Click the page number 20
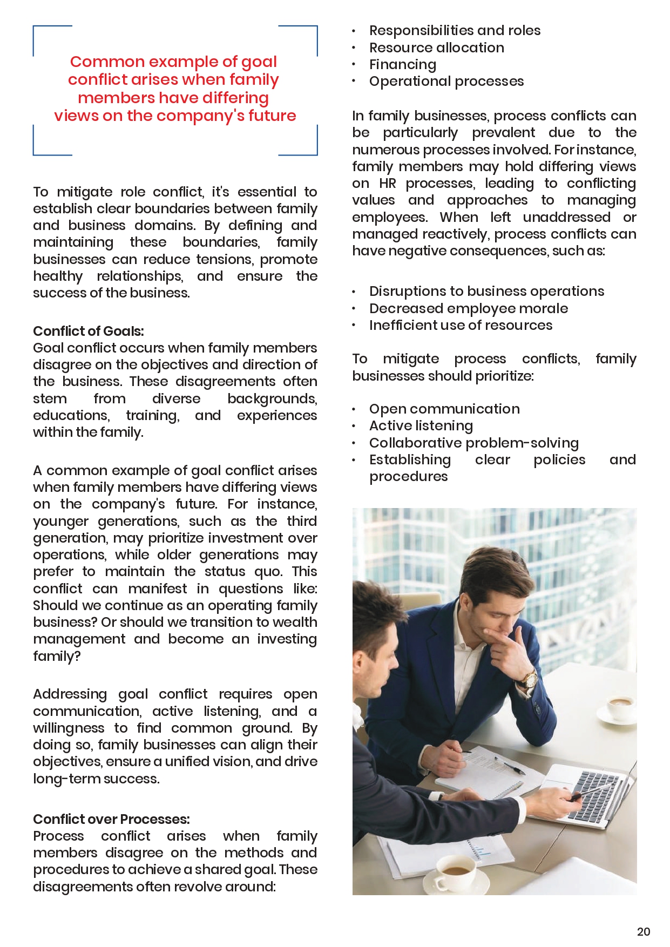click(x=644, y=931)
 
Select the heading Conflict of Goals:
click(x=89, y=331)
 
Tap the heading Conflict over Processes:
click(x=111, y=819)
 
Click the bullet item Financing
click(x=402, y=64)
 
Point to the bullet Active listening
click(x=421, y=426)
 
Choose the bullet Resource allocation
click(x=436, y=48)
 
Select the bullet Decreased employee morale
click(x=468, y=308)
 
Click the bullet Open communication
click(x=444, y=409)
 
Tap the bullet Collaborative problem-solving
click(x=473, y=443)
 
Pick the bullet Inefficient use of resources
click(x=461, y=325)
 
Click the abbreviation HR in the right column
click(x=388, y=184)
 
